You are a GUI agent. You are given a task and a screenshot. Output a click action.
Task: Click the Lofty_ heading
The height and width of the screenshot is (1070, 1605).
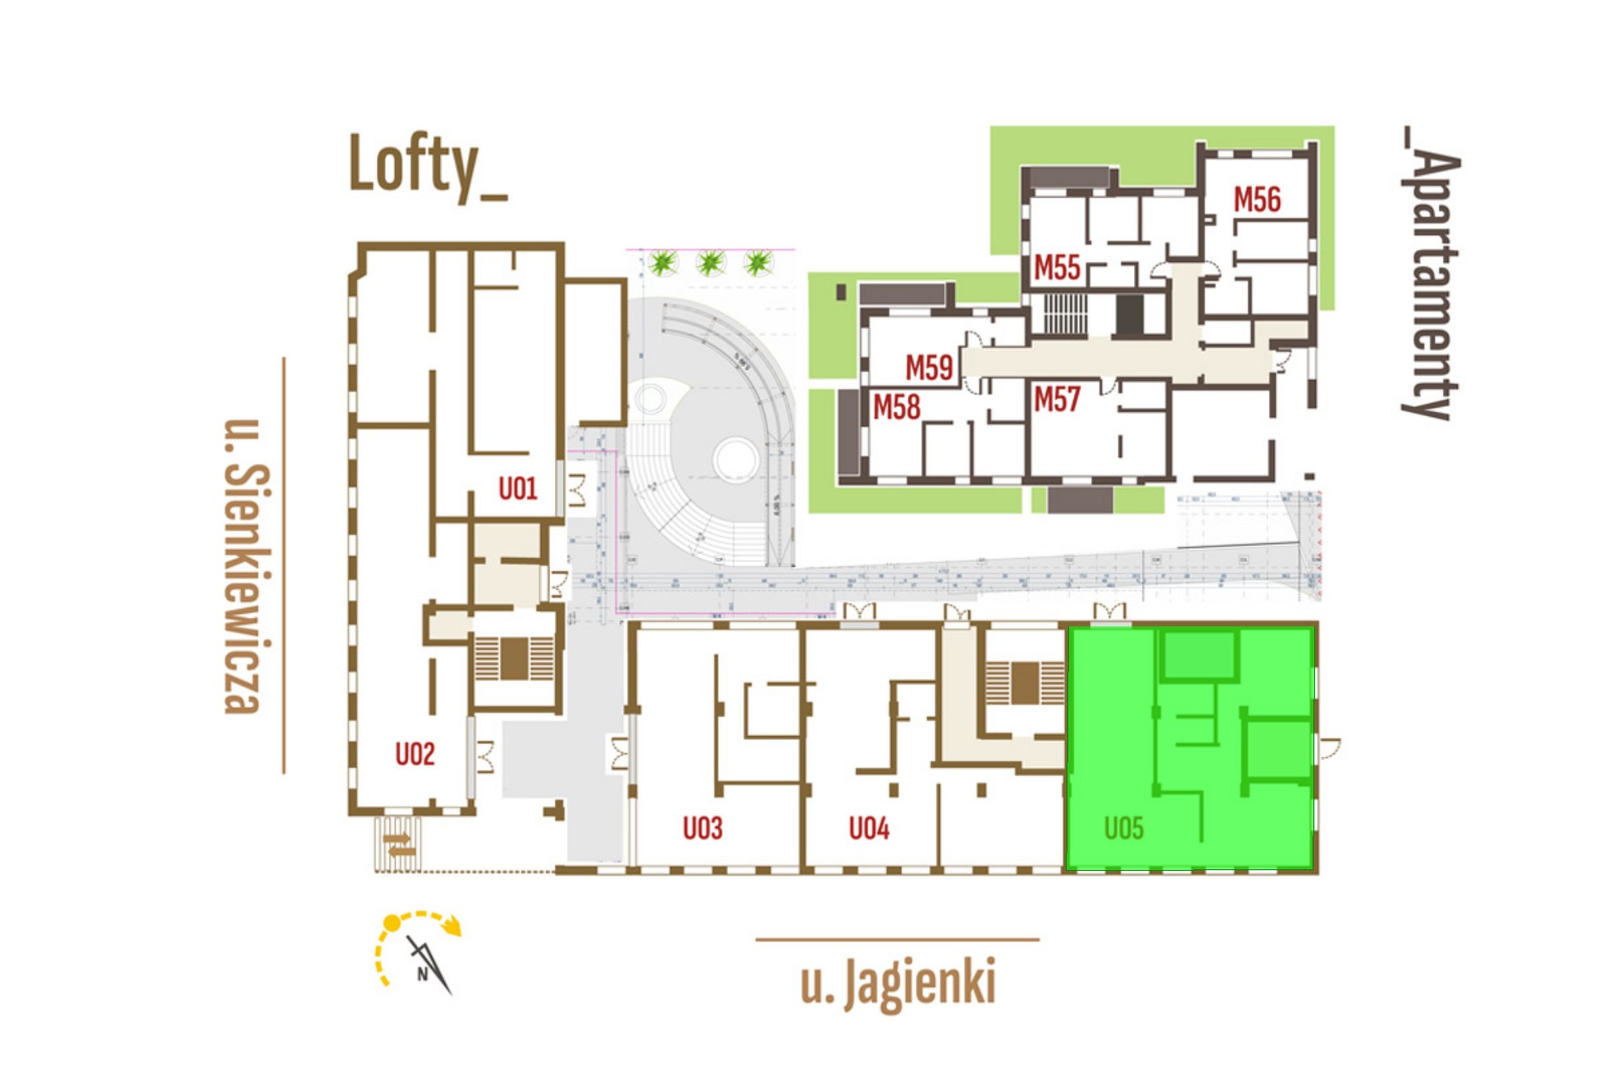click(427, 165)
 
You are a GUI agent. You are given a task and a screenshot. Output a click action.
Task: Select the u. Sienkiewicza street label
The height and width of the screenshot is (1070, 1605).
click(246, 566)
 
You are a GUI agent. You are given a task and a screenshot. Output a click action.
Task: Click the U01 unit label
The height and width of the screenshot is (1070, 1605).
click(518, 489)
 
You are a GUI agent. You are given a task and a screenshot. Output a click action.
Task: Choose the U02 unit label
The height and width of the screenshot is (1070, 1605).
click(415, 754)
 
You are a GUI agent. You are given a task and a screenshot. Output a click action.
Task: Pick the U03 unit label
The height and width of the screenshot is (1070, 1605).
click(702, 828)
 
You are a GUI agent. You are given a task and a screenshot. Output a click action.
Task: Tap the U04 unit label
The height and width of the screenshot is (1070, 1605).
click(869, 828)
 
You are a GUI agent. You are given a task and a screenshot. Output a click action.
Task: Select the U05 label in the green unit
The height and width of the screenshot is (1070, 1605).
click(1124, 828)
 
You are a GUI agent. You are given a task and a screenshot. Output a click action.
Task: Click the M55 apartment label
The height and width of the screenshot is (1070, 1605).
click(1057, 268)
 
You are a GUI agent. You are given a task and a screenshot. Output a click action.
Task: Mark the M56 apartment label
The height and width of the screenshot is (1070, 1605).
click(1257, 200)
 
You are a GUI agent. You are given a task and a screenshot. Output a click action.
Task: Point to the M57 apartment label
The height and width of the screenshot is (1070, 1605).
click(1057, 400)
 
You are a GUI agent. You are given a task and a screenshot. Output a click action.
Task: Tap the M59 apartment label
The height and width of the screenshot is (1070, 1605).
click(929, 368)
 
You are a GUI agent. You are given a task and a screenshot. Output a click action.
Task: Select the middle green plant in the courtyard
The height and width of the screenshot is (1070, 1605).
click(711, 263)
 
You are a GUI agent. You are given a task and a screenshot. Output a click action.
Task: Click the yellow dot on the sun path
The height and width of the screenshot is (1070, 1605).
click(392, 924)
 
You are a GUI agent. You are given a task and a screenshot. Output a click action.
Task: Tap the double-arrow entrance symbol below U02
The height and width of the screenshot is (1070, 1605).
click(399, 845)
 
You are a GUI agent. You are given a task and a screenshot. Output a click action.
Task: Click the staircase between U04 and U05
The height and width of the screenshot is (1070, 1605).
click(1024, 683)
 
